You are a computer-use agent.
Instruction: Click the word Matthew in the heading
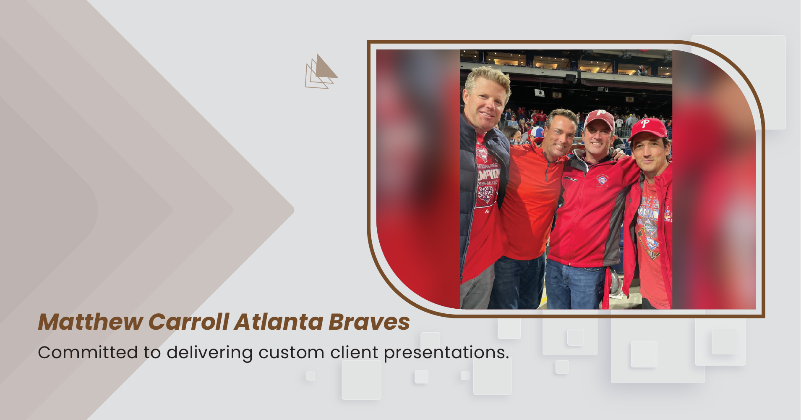pyautogui.click(x=91, y=322)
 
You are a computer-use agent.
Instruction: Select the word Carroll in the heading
pyautogui.click(x=189, y=322)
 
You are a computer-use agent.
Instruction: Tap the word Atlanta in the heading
pyautogui.click(x=279, y=322)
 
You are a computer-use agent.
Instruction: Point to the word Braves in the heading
pyautogui.click(x=369, y=322)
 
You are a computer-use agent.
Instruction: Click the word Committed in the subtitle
pyautogui.click(x=88, y=352)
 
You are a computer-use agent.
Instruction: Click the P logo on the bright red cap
pyautogui.click(x=645, y=124)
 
